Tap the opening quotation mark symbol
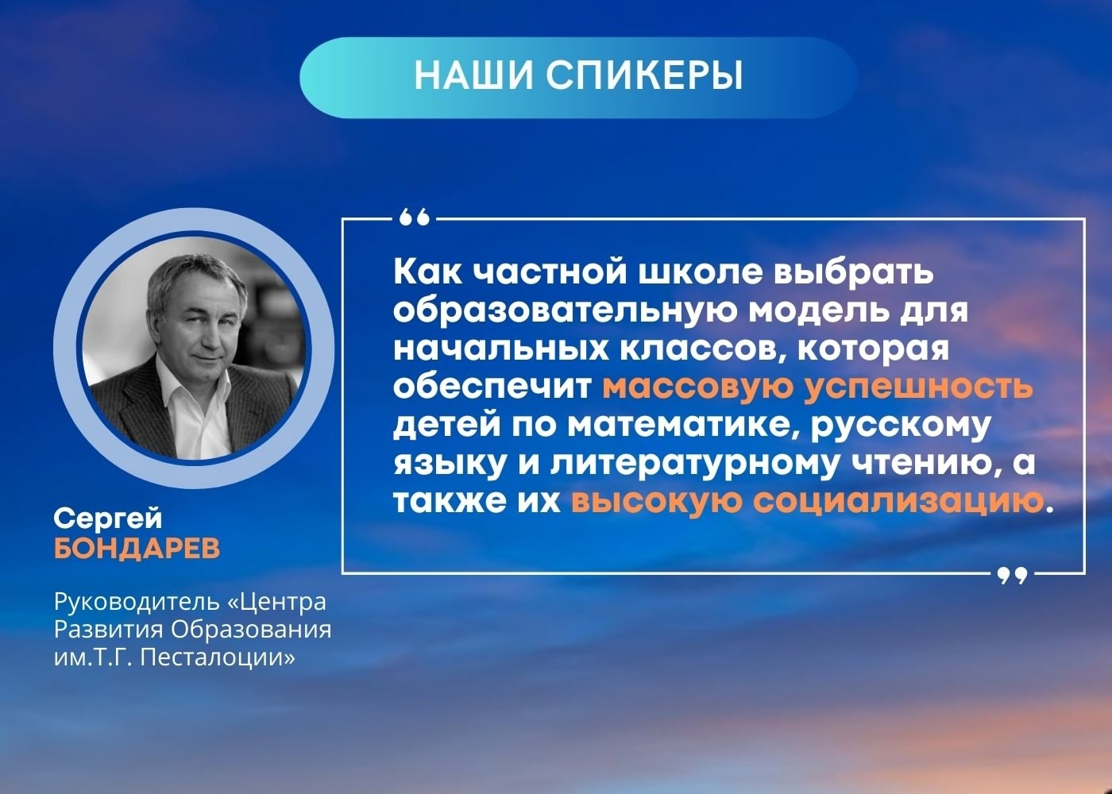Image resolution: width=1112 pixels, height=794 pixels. [414, 218]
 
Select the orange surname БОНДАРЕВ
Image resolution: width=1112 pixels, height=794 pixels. [137, 549]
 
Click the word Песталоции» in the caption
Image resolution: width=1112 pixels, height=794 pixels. [218, 658]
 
